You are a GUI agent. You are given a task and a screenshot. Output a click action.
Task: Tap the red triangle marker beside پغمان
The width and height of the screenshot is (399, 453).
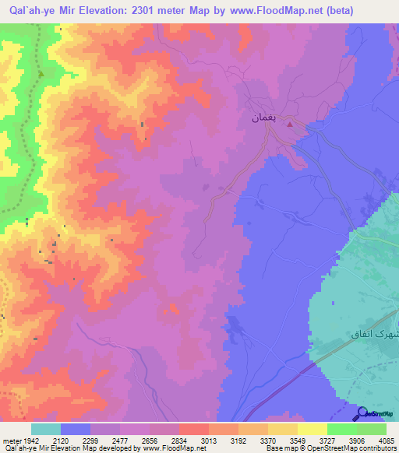pos(290,122)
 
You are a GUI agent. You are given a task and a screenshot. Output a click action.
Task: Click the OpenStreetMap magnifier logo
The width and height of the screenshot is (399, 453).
pos(362,414)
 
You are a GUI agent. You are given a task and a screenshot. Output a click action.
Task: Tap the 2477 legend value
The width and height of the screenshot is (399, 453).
pos(120,439)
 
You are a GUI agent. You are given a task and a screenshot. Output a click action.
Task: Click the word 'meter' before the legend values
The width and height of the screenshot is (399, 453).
pos(11,439)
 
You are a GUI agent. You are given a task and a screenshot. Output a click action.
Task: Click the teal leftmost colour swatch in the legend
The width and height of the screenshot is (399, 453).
pos(46,429)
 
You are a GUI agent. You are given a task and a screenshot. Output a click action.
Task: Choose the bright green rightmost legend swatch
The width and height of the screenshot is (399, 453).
pos(372,429)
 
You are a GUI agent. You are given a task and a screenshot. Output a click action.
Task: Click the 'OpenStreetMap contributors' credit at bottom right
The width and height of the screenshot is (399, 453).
pos(362,448)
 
